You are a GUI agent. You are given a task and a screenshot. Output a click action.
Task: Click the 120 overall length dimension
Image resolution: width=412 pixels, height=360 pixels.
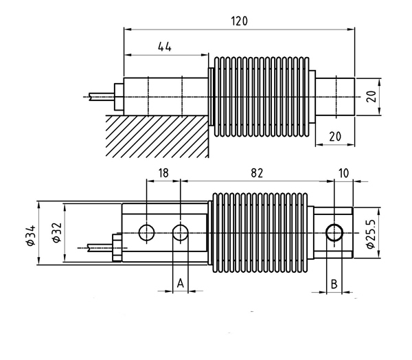(x=238, y=21)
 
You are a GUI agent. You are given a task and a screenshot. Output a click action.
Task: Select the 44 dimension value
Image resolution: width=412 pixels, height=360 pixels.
(x=164, y=47)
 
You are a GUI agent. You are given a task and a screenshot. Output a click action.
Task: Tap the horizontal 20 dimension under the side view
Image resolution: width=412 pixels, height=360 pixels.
(x=335, y=137)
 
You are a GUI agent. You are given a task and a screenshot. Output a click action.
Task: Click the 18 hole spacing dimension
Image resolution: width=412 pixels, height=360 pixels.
(x=163, y=174)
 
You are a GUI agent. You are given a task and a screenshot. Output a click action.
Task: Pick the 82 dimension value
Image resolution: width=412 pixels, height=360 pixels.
(x=257, y=174)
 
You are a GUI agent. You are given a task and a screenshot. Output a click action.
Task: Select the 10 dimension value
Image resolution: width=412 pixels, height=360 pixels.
(x=343, y=174)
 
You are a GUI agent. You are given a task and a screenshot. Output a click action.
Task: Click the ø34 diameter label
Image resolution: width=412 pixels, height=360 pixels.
(x=30, y=234)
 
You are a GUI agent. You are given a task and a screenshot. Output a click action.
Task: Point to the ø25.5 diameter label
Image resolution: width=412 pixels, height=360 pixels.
(x=371, y=234)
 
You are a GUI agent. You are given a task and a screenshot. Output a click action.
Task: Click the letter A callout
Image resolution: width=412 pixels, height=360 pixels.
(x=180, y=283)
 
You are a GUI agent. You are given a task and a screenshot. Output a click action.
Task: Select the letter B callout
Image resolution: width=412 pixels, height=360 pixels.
(x=334, y=283)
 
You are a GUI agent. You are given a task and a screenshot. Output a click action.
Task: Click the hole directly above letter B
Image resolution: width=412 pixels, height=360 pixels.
(x=334, y=232)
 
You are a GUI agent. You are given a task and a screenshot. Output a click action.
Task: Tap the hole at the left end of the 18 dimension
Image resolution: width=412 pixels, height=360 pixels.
(x=146, y=232)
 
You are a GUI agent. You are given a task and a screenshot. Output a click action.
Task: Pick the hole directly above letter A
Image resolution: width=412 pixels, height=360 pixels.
(x=180, y=232)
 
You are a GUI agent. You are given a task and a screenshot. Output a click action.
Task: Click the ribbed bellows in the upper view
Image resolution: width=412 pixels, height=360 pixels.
(x=261, y=96)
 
